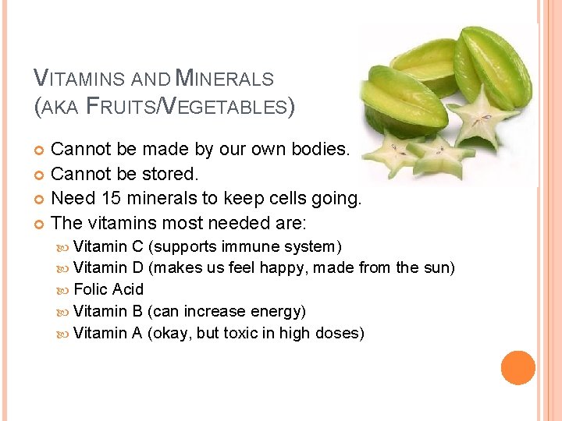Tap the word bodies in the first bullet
[x=319, y=148]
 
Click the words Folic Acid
[x=108, y=289]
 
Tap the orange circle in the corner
[x=518, y=368]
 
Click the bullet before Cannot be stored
[x=41, y=174]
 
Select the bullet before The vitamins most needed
[x=41, y=224]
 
